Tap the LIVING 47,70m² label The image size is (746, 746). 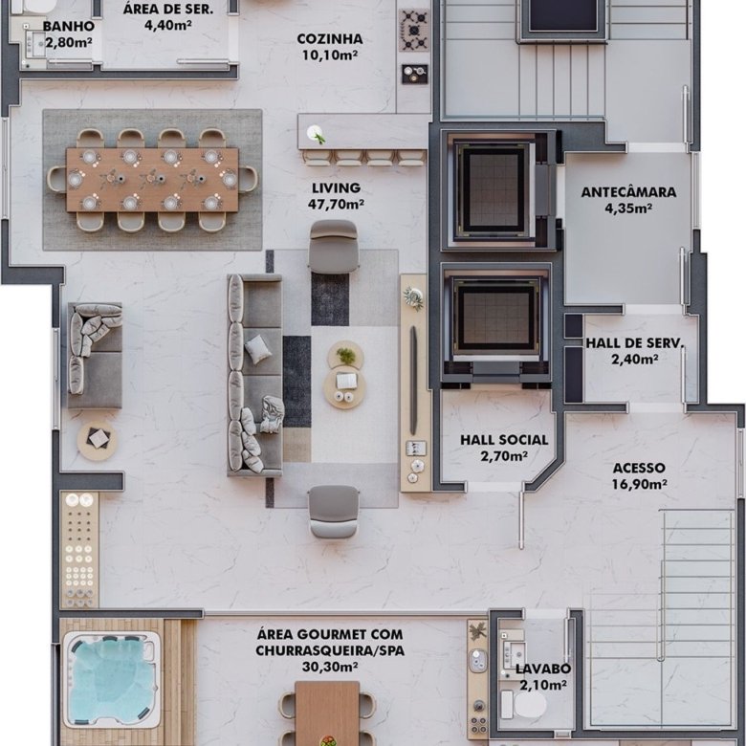pyautogui.click(x=336, y=196)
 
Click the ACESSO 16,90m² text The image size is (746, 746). pyautogui.click(x=639, y=475)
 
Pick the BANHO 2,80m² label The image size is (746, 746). pyautogui.click(x=69, y=34)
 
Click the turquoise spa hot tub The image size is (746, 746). pyautogui.click(x=112, y=679)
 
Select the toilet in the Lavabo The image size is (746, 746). pyautogui.click(x=523, y=705)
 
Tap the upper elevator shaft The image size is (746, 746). pyautogui.click(x=494, y=190)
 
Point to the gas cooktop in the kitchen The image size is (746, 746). pyautogui.click(x=414, y=31)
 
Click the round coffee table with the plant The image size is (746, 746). pyautogui.click(x=345, y=356)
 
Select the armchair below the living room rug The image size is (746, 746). pyautogui.click(x=333, y=512)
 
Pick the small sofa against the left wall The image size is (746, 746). pyautogui.click(x=95, y=356)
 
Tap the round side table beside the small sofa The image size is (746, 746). pyautogui.click(x=97, y=441)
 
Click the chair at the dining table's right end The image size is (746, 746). pyautogui.click(x=248, y=180)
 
